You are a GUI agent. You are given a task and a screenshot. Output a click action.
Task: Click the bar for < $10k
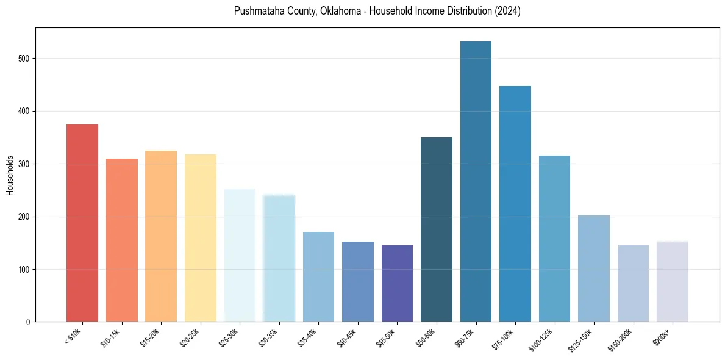pyautogui.click(x=82, y=223)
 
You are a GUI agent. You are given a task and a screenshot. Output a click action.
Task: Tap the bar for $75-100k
pyautogui.click(x=515, y=204)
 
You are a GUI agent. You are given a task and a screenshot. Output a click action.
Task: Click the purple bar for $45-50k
pyautogui.click(x=397, y=283)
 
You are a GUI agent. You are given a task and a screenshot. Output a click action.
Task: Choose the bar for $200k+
pyautogui.click(x=673, y=281)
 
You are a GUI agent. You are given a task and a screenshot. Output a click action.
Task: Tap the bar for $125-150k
pyautogui.click(x=594, y=268)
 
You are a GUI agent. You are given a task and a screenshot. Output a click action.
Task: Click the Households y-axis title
pyautogui.click(x=10, y=175)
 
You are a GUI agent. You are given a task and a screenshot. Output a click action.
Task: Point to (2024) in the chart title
pyautogui.click(x=507, y=12)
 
